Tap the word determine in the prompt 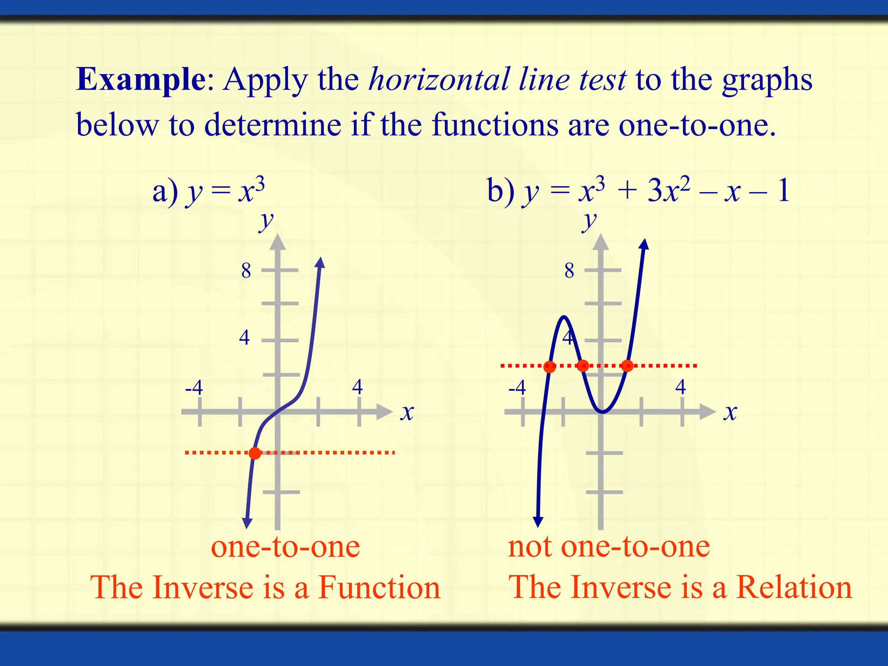pos(272,125)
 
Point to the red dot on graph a pos(255,453)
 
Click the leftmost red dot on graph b pos(549,367)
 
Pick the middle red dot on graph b pos(583,366)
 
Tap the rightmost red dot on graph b pos(627,366)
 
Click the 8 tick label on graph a pos(246,271)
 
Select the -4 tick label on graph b pos(517,387)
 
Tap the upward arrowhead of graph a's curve pos(320,262)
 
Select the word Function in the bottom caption pos(379,588)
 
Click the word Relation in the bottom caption pos(794,588)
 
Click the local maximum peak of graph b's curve pos(564,317)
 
